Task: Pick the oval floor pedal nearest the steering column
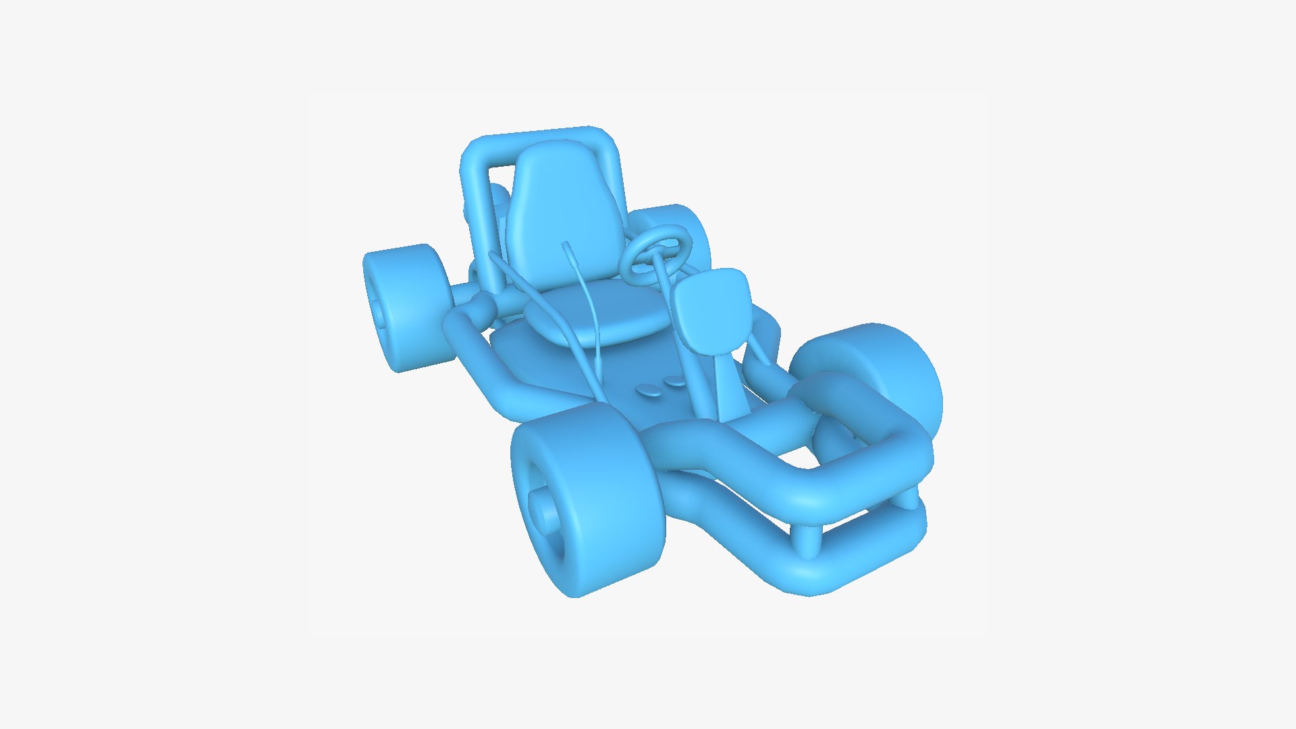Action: (x=674, y=382)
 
